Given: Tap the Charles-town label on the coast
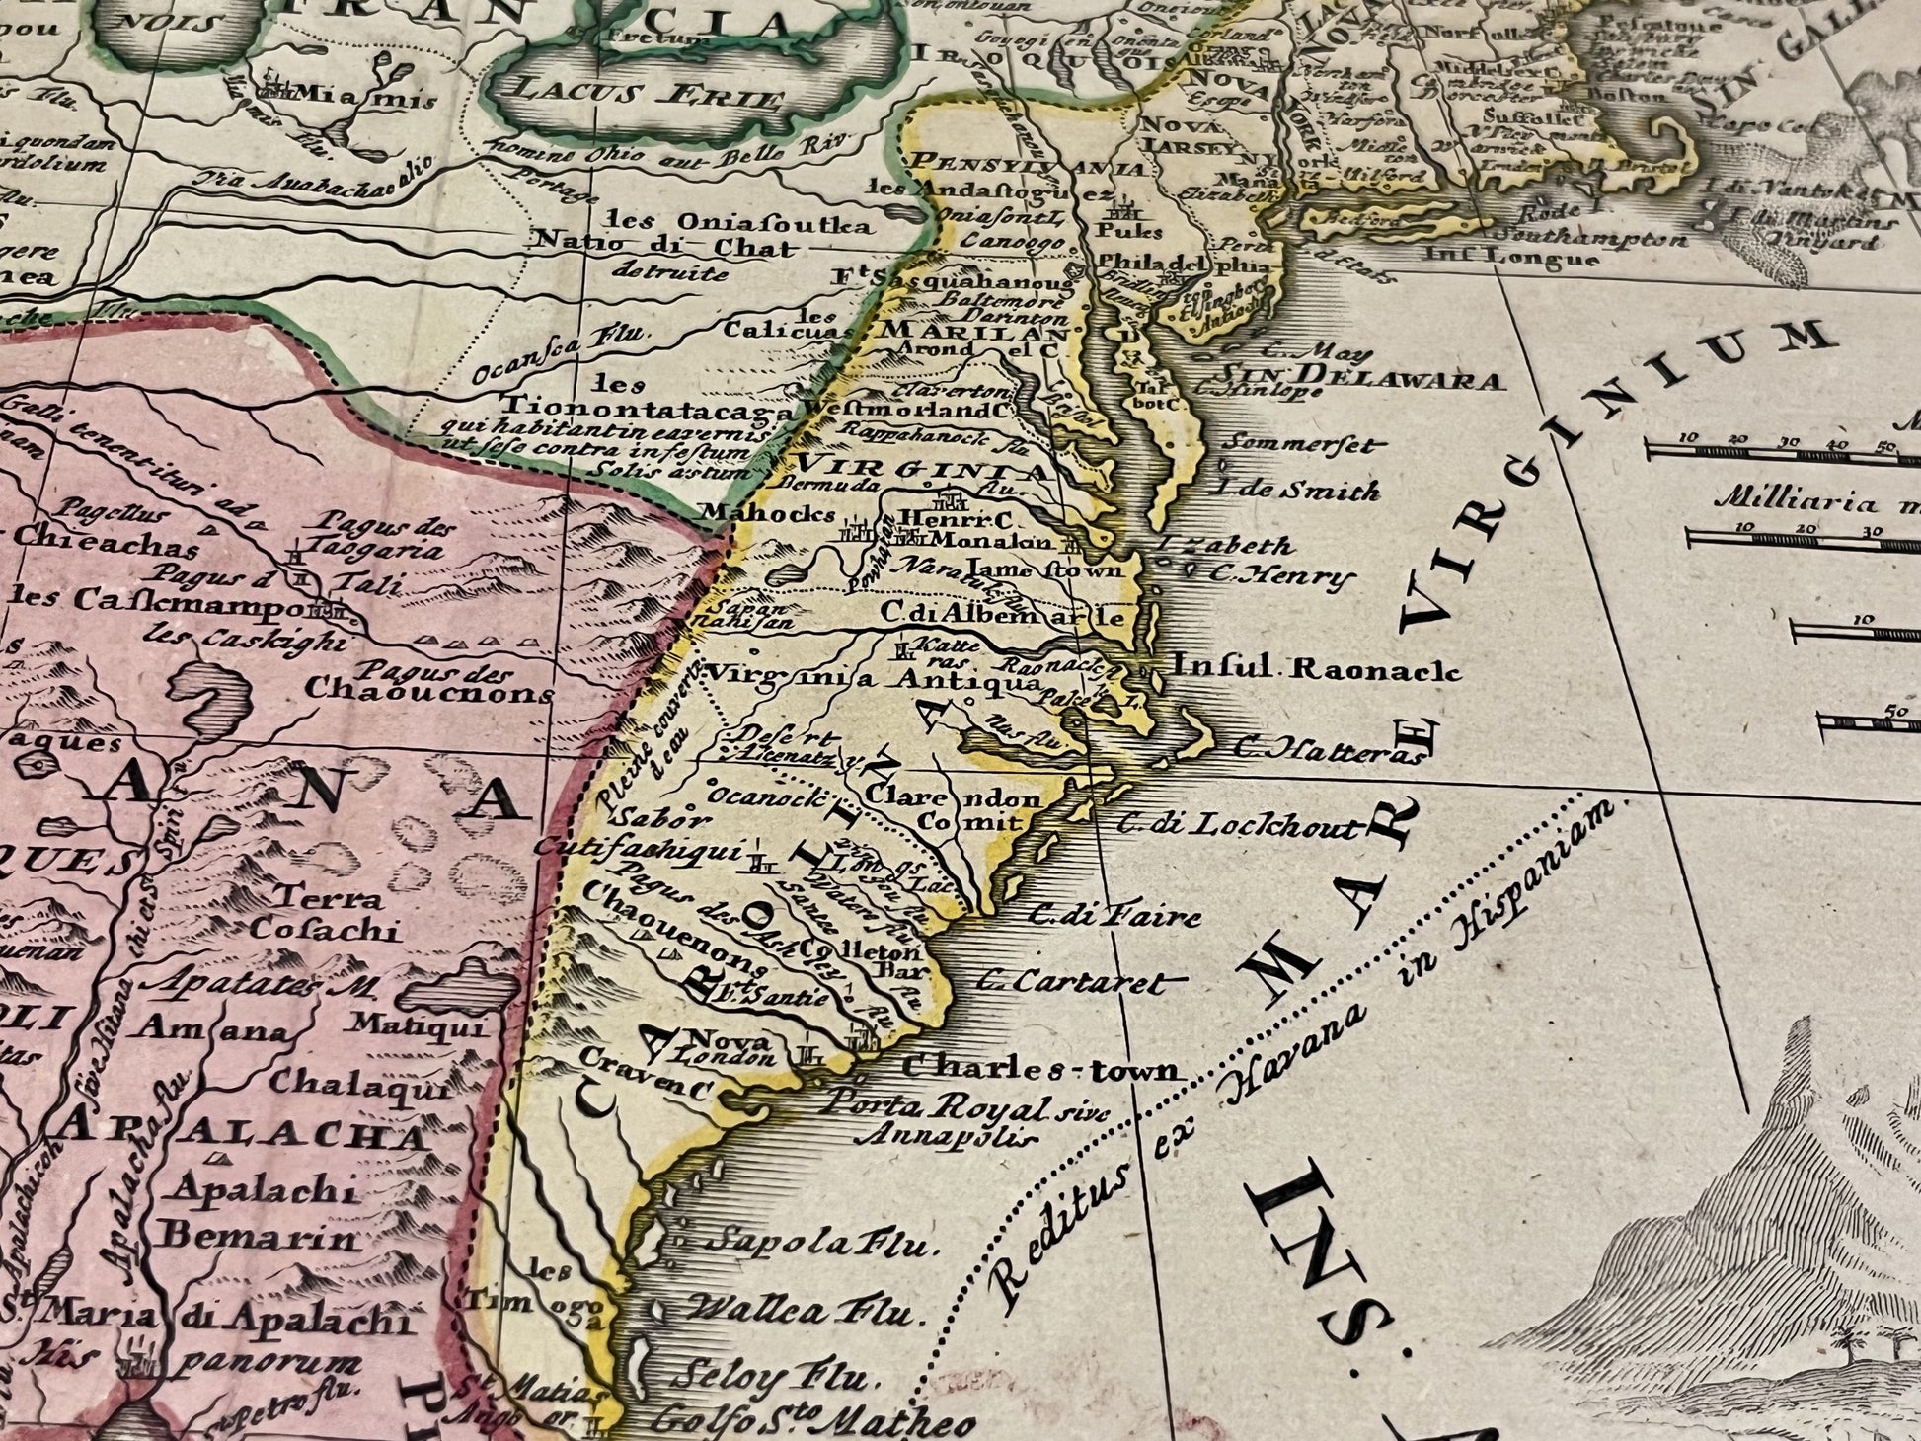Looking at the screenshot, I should (1040, 1069).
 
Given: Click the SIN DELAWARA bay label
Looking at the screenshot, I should (1361, 375).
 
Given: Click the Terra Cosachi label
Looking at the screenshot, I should (327, 913).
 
